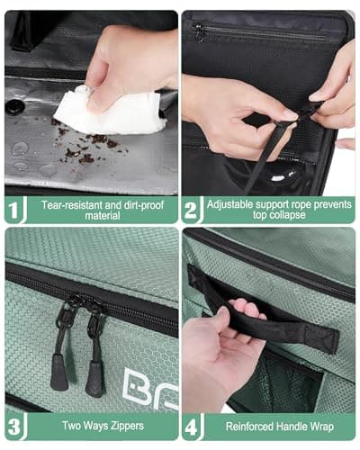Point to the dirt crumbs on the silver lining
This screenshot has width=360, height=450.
click(85, 148)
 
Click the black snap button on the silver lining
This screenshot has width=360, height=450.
click(15, 106)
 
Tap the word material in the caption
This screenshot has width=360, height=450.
click(90, 217)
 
